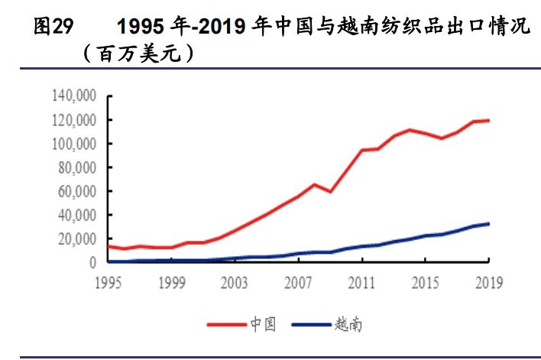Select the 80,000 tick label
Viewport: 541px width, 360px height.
77,167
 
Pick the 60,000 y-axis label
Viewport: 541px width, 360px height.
77,191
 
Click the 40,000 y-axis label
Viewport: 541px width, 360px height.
77,215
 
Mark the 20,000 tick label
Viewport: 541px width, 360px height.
77,238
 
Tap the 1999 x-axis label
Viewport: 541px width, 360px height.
173,283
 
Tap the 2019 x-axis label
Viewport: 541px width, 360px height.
488,283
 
